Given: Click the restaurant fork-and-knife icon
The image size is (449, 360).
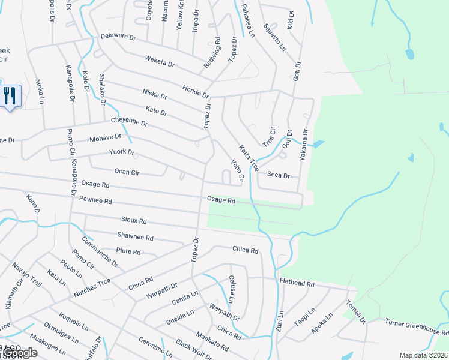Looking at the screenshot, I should click(x=10, y=95).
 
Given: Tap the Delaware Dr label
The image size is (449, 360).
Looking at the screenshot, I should click(x=118, y=37).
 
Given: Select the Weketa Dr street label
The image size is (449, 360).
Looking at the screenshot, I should click(x=159, y=61).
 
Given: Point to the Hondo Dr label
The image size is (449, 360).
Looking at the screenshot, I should click(x=196, y=91).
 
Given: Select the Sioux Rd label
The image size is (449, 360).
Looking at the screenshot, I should click(x=133, y=221).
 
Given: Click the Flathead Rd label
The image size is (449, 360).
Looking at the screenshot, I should click(x=297, y=282).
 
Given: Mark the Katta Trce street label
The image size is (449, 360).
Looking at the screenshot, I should click(x=248, y=158).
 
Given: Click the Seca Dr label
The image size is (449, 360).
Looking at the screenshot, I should click(x=278, y=175).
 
